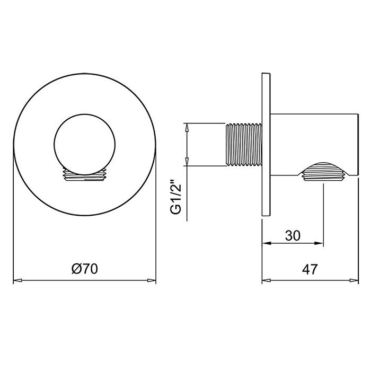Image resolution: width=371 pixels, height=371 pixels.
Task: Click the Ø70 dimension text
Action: click(84, 269)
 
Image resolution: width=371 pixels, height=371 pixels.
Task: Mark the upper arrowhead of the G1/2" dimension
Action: click(186, 127)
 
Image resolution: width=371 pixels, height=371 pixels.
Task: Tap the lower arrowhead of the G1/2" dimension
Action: click(186, 163)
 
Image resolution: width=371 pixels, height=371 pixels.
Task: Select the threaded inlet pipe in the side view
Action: click(244, 144)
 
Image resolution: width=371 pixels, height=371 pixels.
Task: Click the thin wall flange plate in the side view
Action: click(266, 144)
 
